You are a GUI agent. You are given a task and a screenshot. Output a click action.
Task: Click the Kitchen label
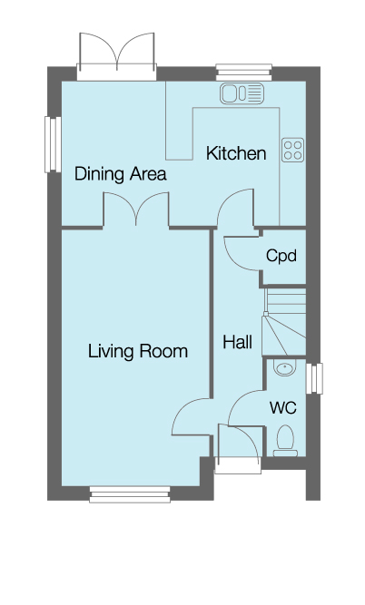[236, 153]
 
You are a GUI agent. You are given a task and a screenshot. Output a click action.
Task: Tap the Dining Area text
[120, 173]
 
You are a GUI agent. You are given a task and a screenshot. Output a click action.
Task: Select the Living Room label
[138, 350]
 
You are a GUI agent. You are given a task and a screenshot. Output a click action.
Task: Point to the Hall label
[237, 342]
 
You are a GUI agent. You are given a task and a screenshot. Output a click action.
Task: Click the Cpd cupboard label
[281, 256]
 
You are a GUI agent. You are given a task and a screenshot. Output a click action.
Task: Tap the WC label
[282, 407]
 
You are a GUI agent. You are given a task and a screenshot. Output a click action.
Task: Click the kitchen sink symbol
[242, 93]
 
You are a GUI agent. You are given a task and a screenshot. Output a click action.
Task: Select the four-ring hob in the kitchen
[293, 150]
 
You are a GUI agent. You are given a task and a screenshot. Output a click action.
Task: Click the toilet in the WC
[285, 439]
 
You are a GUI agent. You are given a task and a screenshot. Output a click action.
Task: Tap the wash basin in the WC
[284, 369]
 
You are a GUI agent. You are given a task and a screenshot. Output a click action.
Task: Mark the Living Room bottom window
[130, 493]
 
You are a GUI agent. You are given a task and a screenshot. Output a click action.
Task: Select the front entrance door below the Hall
[238, 451]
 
